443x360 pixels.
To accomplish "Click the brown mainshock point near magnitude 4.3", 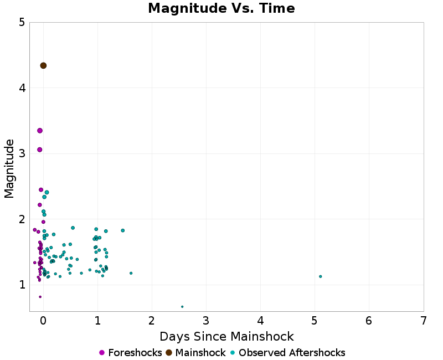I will point(43,65).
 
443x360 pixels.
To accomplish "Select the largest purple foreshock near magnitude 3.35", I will point(40,131).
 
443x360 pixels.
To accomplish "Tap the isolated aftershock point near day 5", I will point(321,276).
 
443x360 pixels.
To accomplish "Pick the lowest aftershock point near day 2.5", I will point(182,306).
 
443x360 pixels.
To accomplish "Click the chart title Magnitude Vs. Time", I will point(221,9).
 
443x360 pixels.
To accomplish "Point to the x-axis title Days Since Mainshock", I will point(226,336).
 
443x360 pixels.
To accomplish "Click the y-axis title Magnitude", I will point(9,168).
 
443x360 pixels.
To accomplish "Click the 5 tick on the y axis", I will point(22,23).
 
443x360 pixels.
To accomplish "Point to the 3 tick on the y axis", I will point(22,153).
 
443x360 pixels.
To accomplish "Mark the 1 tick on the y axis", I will point(22,285).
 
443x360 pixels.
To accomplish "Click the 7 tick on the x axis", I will point(423,321).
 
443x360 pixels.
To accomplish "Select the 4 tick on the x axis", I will point(260,321).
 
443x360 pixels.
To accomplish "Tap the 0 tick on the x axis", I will point(43,321).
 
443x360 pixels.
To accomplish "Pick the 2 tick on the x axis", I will point(152,321).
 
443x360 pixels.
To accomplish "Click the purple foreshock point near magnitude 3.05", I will point(40,150).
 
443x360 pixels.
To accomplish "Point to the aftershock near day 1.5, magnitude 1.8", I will point(123,230).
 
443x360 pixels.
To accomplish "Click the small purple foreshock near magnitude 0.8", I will point(40,297).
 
